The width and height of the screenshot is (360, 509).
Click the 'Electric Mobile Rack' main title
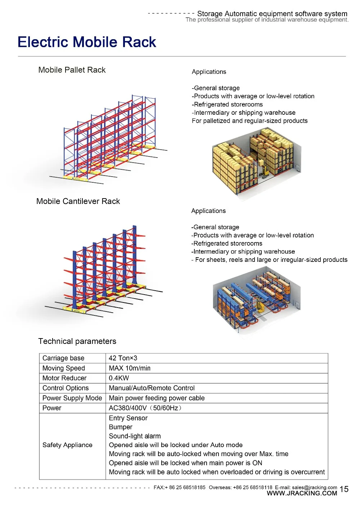pyautogui.click(x=87, y=42)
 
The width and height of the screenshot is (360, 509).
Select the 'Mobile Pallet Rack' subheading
pyautogui.click(x=72, y=70)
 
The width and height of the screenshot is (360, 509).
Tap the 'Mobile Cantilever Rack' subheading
pyautogui.click(x=78, y=201)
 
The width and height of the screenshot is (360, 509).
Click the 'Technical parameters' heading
pyautogui.click(x=77, y=341)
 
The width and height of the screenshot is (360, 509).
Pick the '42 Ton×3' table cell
pyautogui.click(x=123, y=358)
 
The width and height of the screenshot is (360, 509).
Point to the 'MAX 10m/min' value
pyautogui.click(x=130, y=368)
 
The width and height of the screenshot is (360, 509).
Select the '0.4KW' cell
pyautogui.click(x=119, y=378)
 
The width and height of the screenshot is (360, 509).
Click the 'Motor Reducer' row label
pyautogui.click(x=64, y=378)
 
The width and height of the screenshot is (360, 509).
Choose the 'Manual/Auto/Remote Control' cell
pyautogui.click(x=152, y=388)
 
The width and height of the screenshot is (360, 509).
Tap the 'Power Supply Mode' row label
pyautogui.click(x=72, y=398)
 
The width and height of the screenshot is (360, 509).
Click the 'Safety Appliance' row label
pyautogui.click(x=67, y=445)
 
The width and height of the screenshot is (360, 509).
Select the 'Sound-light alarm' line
pyautogui.click(x=135, y=436)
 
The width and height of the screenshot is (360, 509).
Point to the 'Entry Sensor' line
pyautogui.click(x=128, y=418)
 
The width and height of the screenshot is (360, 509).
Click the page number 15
pyautogui.click(x=344, y=489)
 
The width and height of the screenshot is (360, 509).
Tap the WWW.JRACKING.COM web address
pyautogui.click(x=302, y=494)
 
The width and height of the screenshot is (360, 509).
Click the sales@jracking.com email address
pyautogui.click(x=314, y=487)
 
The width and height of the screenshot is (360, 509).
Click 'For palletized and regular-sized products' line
pyautogui.click(x=249, y=121)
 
